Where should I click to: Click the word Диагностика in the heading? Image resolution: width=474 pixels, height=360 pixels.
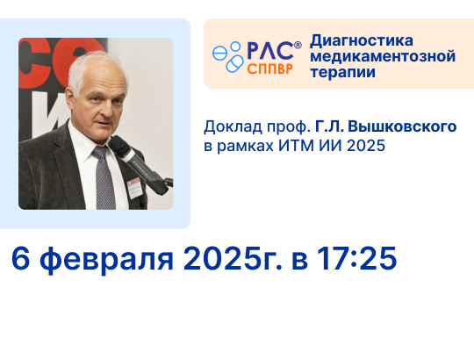[x=362, y=40]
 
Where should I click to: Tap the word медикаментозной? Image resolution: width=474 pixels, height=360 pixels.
[x=383, y=56]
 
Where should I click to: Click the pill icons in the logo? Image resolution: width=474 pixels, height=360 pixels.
[x=230, y=57]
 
